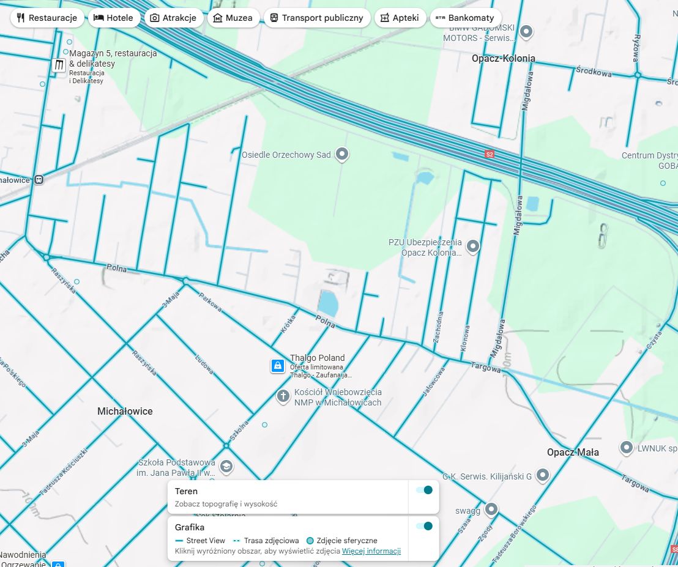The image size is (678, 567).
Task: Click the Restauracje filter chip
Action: click(47, 18)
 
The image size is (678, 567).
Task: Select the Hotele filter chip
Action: click(113, 18)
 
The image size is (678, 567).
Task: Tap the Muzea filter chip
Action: click(232, 18)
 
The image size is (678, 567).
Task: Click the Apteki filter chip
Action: click(400, 18)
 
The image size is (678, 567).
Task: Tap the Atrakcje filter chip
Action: click(173, 18)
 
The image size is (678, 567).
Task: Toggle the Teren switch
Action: click(424, 490)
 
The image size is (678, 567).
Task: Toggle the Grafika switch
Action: click(424, 526)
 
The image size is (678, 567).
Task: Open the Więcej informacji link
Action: click(371, 551)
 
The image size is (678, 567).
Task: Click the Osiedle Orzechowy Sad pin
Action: click(343, 154)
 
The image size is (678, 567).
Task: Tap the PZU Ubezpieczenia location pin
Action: click(472, 246)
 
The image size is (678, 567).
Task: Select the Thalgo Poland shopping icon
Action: click(278, 366)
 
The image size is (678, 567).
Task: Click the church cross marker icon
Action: click(283, 396)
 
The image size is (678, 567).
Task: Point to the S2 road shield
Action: click(489, 154)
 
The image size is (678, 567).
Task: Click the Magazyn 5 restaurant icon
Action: click(59, 65)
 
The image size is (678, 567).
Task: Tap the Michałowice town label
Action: click(125, 412)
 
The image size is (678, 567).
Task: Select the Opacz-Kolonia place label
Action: click(503, 59)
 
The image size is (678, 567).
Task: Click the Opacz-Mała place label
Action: click(573, 453)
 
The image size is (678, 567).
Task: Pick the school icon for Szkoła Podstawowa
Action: click(226, 467)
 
